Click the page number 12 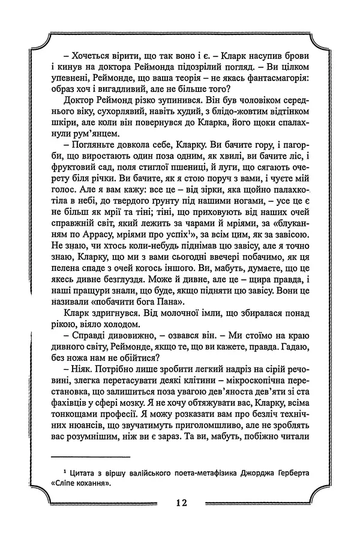(180, 503)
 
